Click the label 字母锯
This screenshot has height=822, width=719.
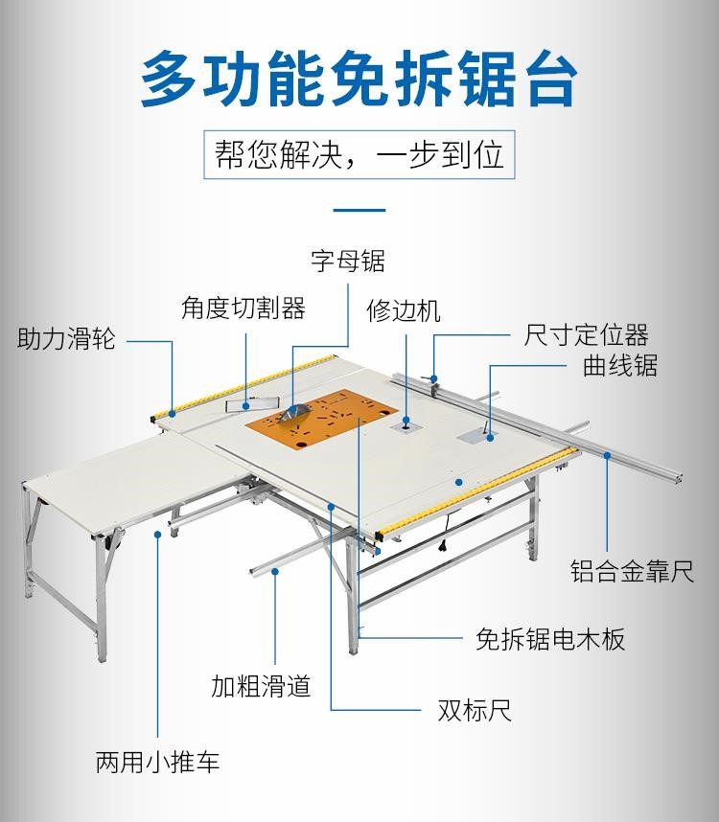click(347, 261)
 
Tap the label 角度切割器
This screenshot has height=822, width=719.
click(244, 308)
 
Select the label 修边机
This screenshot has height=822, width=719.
click(404, 310)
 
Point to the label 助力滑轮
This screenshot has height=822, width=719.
click(66, 339)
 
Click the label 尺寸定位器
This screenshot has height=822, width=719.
click(586, 335)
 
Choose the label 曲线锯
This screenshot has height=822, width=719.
click(620, 366)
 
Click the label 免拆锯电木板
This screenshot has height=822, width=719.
click(550, 639)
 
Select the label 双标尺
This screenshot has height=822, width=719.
click(475, 710)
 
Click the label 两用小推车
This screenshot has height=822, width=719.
click(158, 763)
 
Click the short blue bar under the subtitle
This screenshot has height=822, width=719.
click(359, 210)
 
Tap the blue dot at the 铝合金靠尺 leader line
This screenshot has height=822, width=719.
click(607, 457)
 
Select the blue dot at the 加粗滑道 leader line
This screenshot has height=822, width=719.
click(275, 571)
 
